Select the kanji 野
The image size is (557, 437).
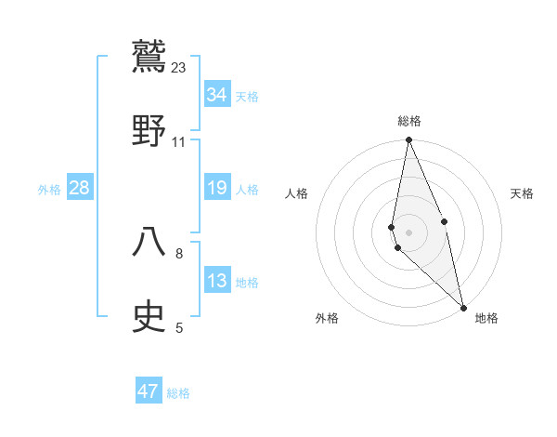(x=149, y=129)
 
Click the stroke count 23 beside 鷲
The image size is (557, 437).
(x=179, y=67)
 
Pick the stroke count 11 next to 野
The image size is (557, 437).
(x=179, y=142)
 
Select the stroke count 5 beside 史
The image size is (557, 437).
(x=179, y=327)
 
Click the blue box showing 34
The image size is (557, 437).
(x=216, y=95)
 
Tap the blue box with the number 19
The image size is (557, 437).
(x=216, y=189)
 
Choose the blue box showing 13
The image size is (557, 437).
(x=216, y=282)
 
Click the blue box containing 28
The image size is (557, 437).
(x=80, y=189)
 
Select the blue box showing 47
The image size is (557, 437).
(x=149, y=391)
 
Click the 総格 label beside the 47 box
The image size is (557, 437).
(x=178, y=393)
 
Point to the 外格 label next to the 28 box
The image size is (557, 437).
(x=49, y=190)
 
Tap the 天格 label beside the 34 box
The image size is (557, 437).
(x=247, y=96)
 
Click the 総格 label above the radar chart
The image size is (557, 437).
(x=408, y=121)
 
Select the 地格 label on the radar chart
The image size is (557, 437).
(x=486, y=318)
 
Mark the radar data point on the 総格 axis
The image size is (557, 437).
(x=408, y=141)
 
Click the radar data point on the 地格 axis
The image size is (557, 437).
(x=463, y=307)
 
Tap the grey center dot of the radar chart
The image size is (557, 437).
(x=408, y=232)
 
